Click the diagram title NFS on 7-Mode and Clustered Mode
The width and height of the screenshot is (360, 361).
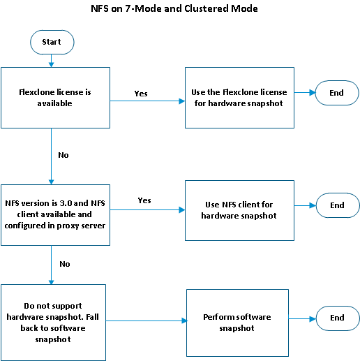[x=174, y=9]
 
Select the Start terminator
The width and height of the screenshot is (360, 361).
[x=52, y=42]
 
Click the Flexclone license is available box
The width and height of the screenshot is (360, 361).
[x=55, y=97]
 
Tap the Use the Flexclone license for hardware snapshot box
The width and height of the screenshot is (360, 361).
[x=239, y=97]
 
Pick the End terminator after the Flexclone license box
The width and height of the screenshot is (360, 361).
[x=337, y=93]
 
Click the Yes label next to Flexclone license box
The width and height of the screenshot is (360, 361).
[x=140, y=94]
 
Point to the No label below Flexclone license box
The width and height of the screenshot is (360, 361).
[x=63, y=155]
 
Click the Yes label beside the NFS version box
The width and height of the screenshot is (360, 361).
[x=144, y=200]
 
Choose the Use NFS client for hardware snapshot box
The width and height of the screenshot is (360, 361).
[x=239, y=210]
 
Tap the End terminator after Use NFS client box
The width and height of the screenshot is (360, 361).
[x=337, y=205]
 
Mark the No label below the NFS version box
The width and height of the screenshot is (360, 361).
[x=64, y=265]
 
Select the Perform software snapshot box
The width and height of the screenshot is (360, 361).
[x=237, y=322]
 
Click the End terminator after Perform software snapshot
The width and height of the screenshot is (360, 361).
[x=337, y=318]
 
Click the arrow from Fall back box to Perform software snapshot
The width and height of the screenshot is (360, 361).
[x=147, y=321]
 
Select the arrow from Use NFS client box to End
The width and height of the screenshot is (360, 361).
[x=304, y=206]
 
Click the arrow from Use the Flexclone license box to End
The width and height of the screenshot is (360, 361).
[x=304, y=93]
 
